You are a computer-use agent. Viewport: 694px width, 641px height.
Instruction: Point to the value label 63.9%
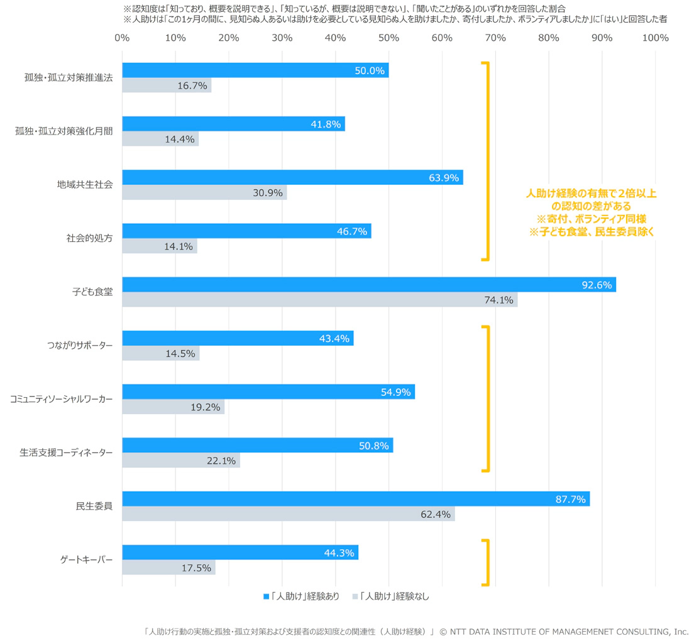coord(444,178)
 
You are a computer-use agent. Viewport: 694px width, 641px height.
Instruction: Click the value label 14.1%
coord(179,247)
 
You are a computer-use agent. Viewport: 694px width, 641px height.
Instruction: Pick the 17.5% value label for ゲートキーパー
coord(197,567)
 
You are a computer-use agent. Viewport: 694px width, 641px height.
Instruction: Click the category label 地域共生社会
coord(85,185)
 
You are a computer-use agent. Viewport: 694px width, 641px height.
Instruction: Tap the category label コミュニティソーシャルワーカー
coord(62,399)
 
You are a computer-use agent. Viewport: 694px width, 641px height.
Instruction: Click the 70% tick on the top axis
coord(495,38)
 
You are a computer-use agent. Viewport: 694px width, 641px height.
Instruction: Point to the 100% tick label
coord(655,38)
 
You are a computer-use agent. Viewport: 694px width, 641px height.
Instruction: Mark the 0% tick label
coord(122,38)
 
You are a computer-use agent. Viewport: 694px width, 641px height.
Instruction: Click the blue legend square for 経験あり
coord(267,596)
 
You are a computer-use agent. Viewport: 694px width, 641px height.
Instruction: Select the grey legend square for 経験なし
coord(355,596)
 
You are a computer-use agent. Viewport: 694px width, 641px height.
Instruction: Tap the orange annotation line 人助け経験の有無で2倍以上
coord(591,194)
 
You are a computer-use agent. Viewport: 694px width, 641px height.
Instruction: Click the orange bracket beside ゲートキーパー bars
coord(487,562)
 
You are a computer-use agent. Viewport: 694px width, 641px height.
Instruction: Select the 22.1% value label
coord(221,461)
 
